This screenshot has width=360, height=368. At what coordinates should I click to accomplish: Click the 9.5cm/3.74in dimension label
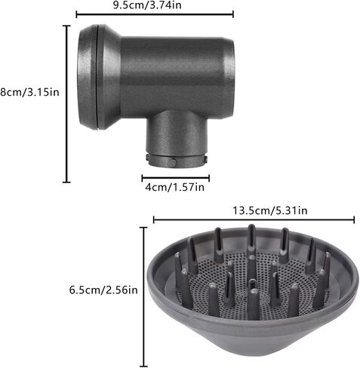coord(147,5)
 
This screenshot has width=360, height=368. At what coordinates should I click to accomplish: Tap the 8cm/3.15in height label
coord(29,92)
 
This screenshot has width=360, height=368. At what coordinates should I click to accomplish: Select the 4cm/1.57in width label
coord(174,187)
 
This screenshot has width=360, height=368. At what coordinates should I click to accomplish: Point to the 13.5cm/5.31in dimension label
coord(269,210)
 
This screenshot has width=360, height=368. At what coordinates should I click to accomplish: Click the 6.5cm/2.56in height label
coord(103,290)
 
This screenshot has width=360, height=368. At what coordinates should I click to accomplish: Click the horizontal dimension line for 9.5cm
coord(155,14)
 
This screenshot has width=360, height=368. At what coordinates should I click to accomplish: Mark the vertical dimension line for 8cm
coord(66,104)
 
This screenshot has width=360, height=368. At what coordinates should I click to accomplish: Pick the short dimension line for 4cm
coord(176,178)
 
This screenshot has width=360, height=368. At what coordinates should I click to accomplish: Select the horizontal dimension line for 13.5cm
coord(254,219)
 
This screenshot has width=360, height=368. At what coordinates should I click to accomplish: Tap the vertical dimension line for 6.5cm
coord(143,297)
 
